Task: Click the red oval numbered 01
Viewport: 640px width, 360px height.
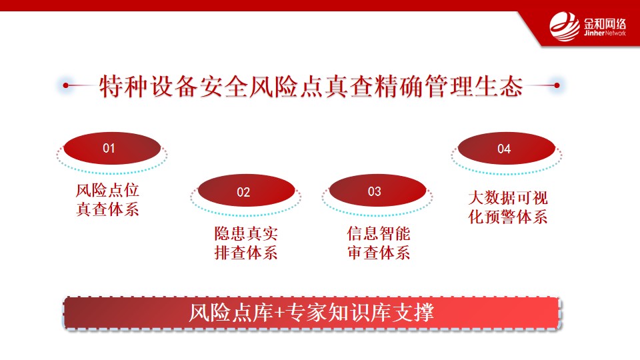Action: pos(112,148)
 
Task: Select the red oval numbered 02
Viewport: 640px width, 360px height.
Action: pos(246,191)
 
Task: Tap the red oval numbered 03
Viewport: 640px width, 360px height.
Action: pos(377,191)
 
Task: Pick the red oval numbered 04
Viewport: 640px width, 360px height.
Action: pos(507,148)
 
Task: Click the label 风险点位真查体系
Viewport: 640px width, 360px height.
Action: pos(108,199)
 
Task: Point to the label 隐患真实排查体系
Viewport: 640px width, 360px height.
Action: pos(246,243)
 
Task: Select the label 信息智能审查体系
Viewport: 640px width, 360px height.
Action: pos(379,243)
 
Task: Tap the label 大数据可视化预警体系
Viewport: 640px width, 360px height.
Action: pos(508,207)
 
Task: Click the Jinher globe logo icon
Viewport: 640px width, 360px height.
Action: pos(565,27)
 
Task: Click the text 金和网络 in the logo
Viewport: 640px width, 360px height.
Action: pos(605,23)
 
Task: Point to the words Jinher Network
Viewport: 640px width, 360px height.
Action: pos(605,33)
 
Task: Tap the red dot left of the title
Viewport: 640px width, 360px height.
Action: pos(66,85)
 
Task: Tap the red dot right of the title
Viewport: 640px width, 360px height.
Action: pos(557,85)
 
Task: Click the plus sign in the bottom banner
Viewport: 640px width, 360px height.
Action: pos(279,313)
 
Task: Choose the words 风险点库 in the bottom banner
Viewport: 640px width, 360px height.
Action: pos(231,313)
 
